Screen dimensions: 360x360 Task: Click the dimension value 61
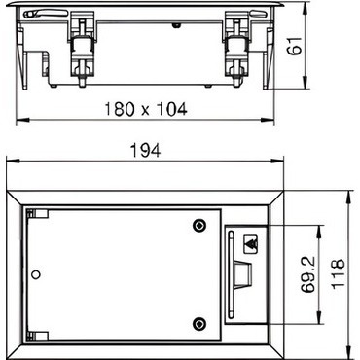pos(295,46)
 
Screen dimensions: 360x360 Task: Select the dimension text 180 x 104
pos(146,109)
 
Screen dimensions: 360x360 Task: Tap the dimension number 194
pos(145,151)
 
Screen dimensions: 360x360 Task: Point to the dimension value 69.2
pos(307,274)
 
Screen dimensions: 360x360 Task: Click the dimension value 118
pos(338,272)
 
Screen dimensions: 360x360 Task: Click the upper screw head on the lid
pos(199,225)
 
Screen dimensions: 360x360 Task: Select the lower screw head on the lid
pos(199,323)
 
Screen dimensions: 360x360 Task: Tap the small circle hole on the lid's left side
pos(36,274)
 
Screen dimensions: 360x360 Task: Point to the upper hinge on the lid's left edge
pos(37,213)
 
